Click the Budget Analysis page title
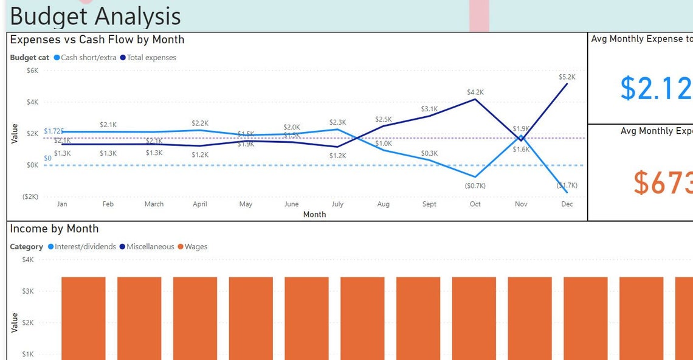95,16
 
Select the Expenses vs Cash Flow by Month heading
97,40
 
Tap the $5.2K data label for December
567,77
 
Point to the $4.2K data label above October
475,92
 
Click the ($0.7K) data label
475,185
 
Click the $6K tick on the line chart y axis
32,71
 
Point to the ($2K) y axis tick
30,197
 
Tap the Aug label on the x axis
383,204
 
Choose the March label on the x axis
154,204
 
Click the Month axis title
314,215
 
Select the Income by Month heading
54,229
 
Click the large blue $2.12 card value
655,89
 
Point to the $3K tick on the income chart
28,291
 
